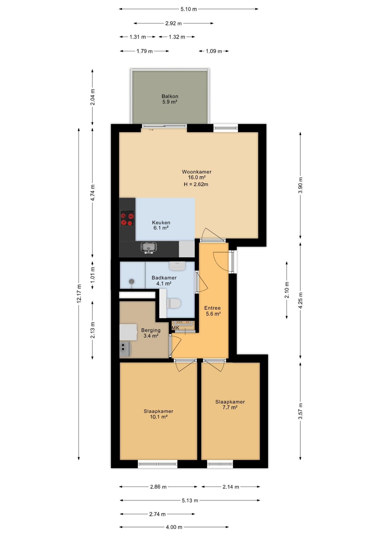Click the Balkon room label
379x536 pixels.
coord(170,99)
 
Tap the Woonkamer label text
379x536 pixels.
coord(197,172)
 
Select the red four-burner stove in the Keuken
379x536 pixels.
coord(127,218)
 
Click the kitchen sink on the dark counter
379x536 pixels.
coord(149,247)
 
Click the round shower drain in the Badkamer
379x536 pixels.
coord(132,281)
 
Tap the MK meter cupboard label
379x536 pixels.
coord(175,328)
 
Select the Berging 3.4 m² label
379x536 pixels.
coord(151,333)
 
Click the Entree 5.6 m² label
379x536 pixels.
coord(213,311)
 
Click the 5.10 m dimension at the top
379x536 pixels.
coord(189,9)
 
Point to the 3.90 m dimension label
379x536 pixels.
coord(300,185)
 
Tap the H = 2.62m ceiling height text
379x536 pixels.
coord(196,184)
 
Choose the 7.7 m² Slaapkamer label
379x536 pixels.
coord(230,405)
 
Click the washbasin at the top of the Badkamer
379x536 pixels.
coord(177,266)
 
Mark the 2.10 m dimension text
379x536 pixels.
coord(287,290)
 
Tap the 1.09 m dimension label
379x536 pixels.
coord(214,51)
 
